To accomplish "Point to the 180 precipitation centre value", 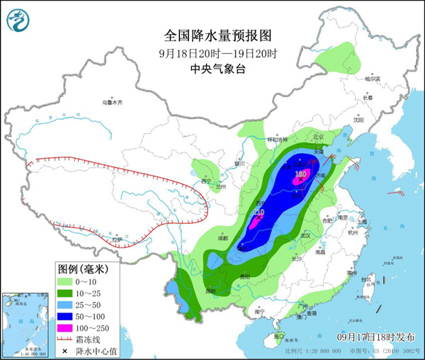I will pos(300,173).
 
